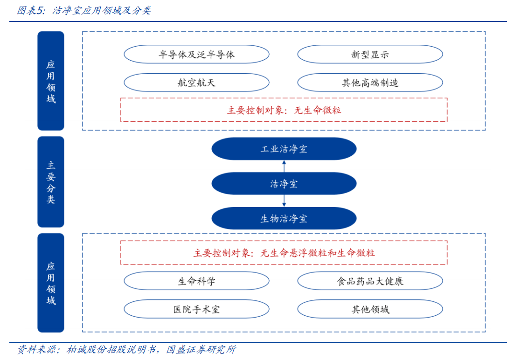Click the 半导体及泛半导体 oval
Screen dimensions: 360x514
(x=196, y=55)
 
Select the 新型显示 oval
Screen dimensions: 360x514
(x=370, y=55)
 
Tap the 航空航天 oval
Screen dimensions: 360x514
(x=196, y=83)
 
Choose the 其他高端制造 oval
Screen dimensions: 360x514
(x=370, y=83)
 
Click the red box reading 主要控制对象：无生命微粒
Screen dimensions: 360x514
(x=284, y=110)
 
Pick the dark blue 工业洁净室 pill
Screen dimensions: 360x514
(x=284, y=149)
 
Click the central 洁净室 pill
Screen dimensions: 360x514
(x=284, y=184)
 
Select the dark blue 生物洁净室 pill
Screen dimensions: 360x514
(x=284, y=218)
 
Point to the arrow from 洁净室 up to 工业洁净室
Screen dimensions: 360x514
(x=284, y=166)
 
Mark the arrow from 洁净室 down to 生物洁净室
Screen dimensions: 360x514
(x=284, y=201)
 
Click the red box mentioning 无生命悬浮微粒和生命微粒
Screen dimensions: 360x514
(x=284, y=253)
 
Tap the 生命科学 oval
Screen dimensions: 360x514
(x=196, y=281)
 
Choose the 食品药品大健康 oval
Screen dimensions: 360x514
(x=370, y=281)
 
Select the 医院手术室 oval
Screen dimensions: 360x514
(x=196, y=309)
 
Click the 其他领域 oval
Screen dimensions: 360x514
(x=370, y=309)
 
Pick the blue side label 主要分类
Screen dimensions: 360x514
(x=51, y=182)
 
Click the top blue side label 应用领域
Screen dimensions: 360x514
(x=51, y=81)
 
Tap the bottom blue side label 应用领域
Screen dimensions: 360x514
(x=51, y=283)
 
